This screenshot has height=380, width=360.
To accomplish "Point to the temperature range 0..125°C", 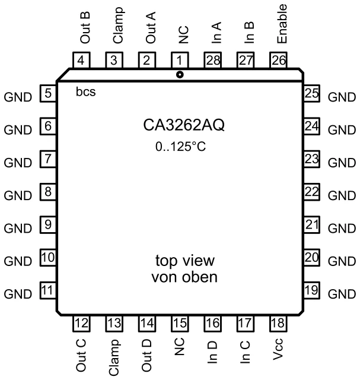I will click(179, 147).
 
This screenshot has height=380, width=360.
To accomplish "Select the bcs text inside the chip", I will click(86, 93).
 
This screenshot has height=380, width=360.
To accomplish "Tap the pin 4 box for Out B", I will click(81, 59).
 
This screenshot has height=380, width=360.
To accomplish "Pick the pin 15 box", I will click(180, 324).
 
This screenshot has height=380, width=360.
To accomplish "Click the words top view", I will click(184, 261).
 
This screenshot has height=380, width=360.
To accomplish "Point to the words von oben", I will click(184, 277).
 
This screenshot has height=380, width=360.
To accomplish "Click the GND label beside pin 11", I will click(17, 294).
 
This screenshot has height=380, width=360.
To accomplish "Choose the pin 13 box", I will click(114, 324).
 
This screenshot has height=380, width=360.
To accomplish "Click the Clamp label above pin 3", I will click(118, 26).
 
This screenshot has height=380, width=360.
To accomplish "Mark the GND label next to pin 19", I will click(342, 294).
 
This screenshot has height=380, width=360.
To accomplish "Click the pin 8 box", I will click(48, 192).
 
